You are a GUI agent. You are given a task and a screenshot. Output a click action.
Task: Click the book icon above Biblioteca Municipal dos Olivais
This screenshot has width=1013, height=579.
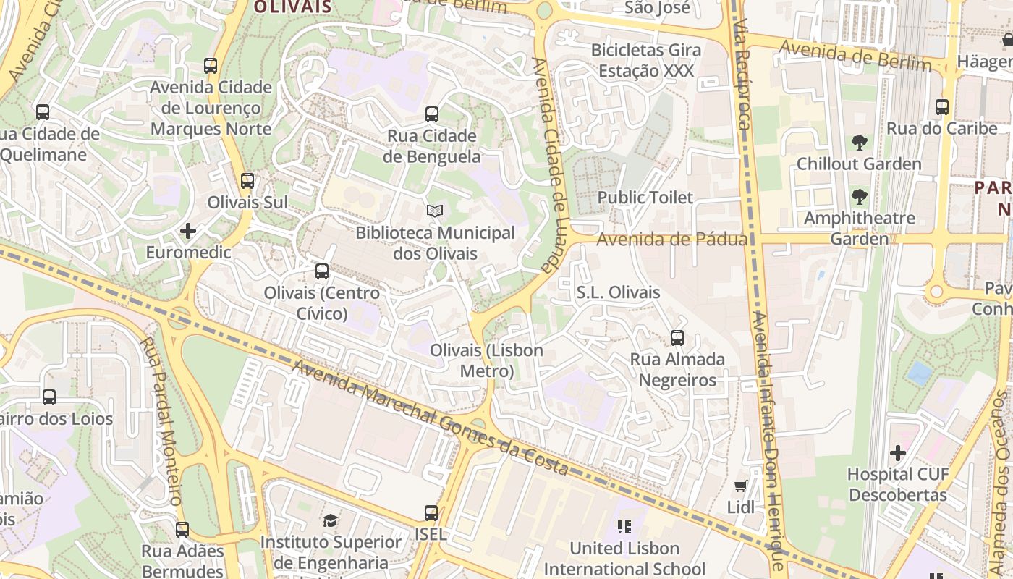pos(434,211)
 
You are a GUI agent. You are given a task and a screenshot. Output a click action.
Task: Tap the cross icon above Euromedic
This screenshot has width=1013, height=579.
pos(188,231)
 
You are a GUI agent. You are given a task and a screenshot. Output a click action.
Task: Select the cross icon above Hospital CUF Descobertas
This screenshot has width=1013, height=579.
pos(898,453)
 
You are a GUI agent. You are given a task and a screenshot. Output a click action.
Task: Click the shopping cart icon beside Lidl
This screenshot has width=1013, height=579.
pos(740,486)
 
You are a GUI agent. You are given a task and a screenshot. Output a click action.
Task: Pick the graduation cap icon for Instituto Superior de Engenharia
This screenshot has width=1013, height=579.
pos(330,520)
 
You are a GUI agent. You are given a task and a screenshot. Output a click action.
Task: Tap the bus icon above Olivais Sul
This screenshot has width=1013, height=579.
pos(247,181)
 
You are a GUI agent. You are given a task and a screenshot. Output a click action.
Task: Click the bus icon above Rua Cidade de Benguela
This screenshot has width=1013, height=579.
pos(432,114)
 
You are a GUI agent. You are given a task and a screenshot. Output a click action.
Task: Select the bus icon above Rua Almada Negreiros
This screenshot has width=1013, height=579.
pos(677,338)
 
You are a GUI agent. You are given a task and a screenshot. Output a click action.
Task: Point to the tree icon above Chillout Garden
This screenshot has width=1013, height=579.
pos(859,143)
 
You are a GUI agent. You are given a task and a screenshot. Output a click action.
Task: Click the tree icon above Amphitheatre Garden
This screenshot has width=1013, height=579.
pos(859,197)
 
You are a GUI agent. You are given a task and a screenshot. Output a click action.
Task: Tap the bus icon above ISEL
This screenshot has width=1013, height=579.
pos(431,513)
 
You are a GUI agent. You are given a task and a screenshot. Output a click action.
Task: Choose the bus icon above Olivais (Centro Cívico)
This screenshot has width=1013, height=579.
pos(322,271)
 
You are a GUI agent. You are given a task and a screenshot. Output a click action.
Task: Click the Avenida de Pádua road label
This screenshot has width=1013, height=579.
pos(671,240)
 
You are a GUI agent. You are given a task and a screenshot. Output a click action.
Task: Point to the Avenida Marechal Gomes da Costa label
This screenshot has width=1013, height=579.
pos(430,418)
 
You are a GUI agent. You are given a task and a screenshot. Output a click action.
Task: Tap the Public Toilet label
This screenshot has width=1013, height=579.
pos(645,197)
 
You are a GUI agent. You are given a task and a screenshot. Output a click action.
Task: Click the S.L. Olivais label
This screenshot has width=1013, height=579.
pos(618,292)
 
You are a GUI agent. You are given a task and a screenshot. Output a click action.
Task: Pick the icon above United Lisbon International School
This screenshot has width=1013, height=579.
pos(624,527)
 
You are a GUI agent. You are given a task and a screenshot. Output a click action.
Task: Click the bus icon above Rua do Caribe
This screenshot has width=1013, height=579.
pos(942,107)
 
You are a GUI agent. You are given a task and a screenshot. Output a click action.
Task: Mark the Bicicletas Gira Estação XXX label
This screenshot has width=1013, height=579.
pos(646,61)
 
